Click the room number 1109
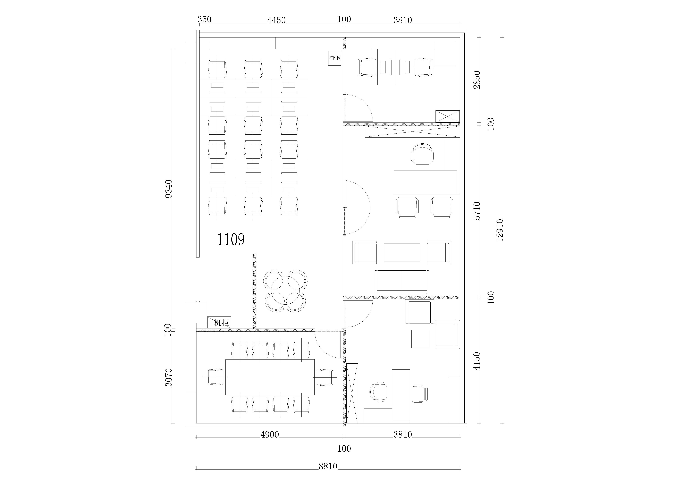pyautogui.click(x=231, y=240)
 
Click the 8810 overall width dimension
pyautogui.click(x=328, y=466)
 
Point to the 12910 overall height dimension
pyautogui.click(x=500, y=230)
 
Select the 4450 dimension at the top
pyautogui.click(x=276, y=20)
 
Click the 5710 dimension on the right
pyautogui.click(x=477, y=211)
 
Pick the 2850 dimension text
pyautogui.click(x=477, y=80)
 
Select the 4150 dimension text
pyautogui.click(x=477, y=361)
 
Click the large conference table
pyautogui.click(x=270, y=377)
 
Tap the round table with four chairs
pyautogui.click(x=285, y=291)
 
